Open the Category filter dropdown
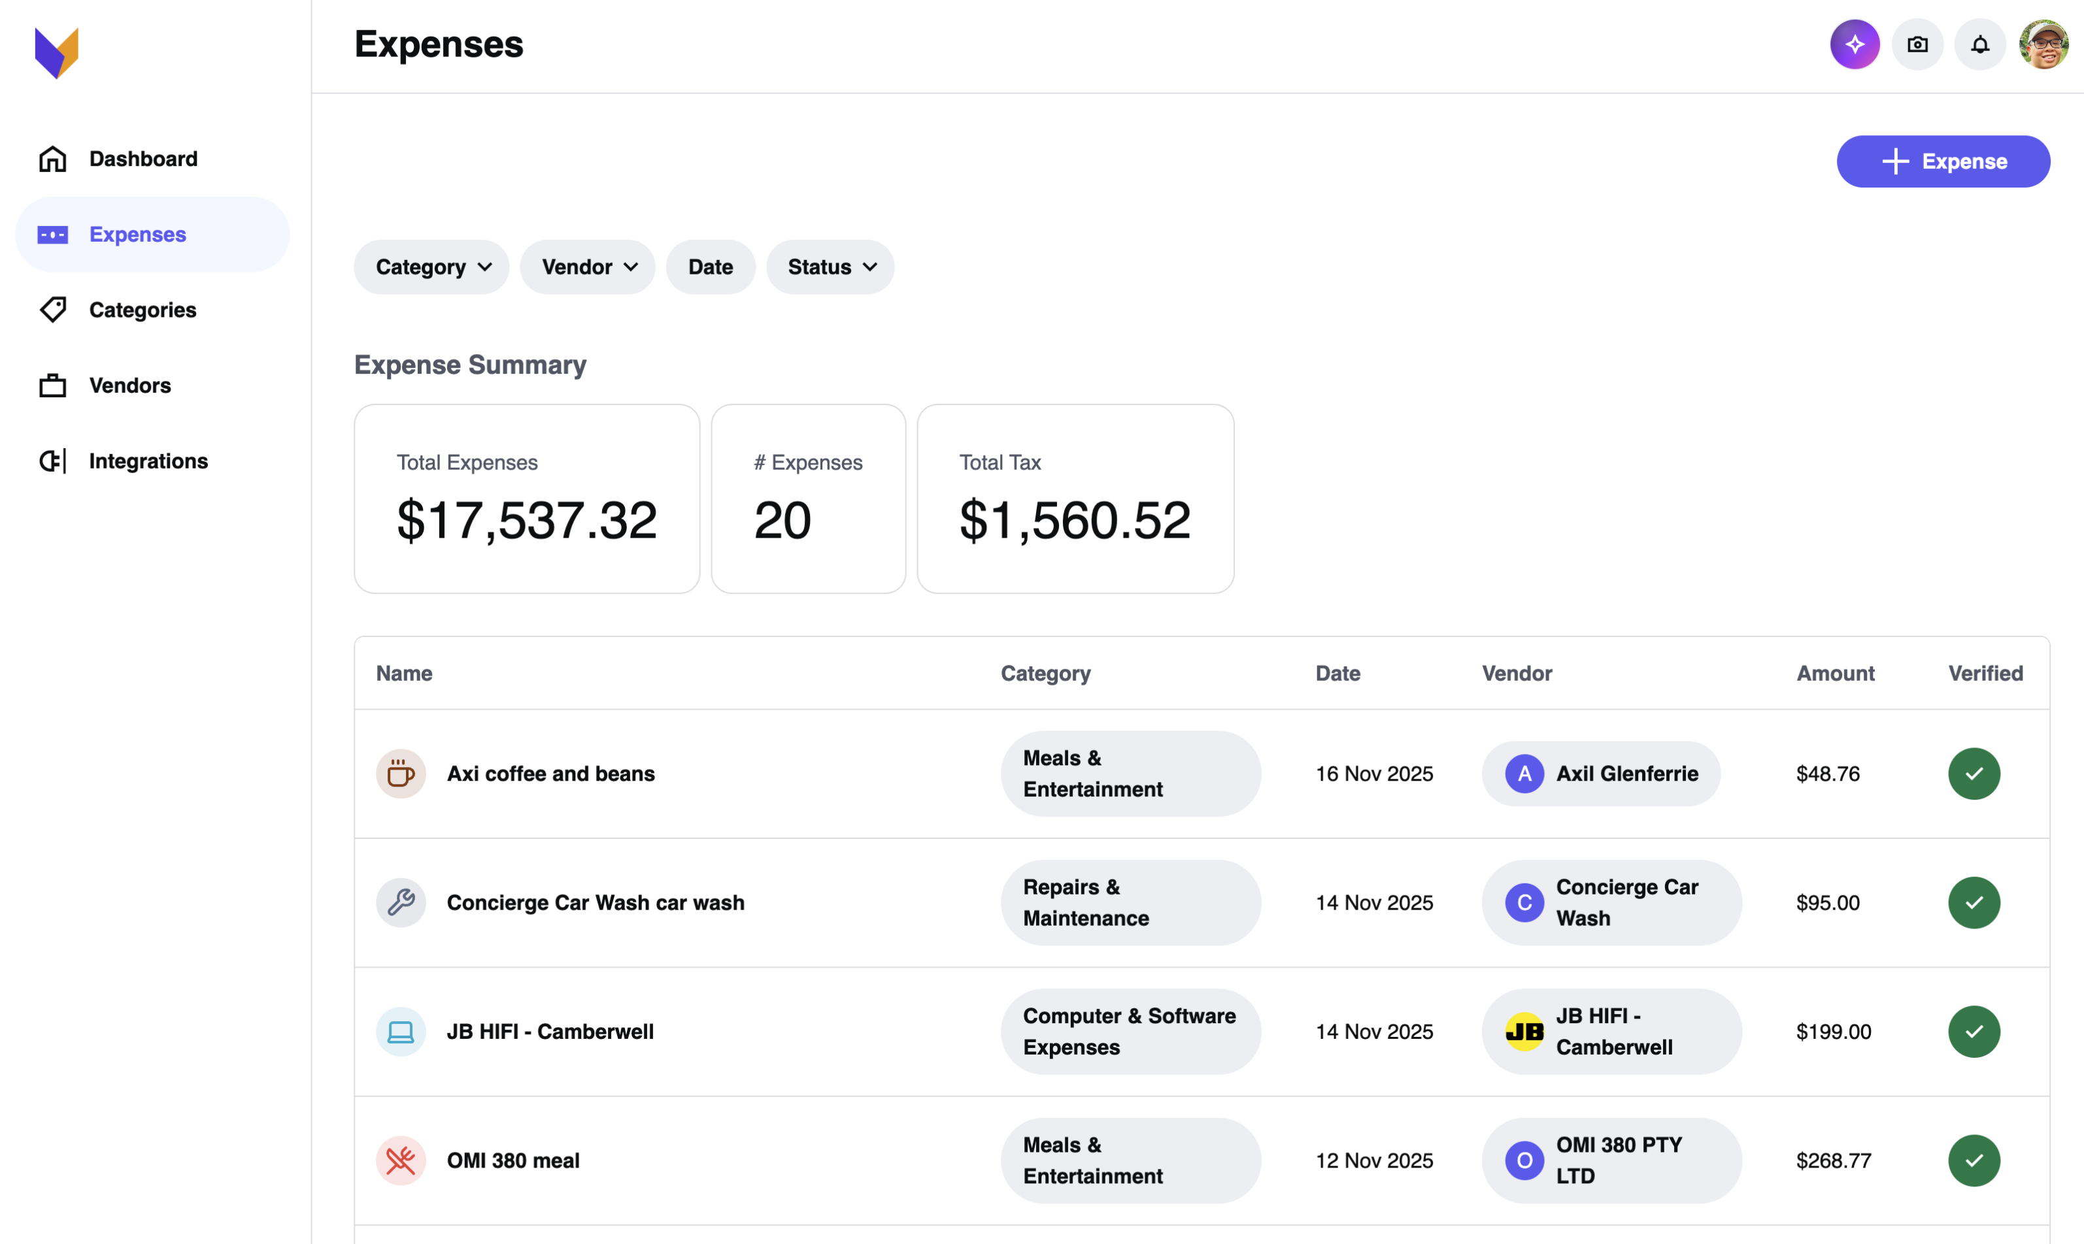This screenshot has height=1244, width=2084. tap(431, 267)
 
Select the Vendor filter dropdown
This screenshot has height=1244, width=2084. tap(587, 267)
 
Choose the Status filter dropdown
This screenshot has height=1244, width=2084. tap(830, 267)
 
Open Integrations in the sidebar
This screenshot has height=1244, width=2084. tap(148, 461)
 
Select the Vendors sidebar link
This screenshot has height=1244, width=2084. tap(129, 385)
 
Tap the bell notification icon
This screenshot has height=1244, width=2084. tap(1979, 44)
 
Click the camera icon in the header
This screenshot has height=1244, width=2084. tap(1917, 44)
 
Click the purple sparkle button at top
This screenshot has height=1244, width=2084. tap(1854, 44)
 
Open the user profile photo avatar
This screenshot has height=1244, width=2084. tap(2043, 44)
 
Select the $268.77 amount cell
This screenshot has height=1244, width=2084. tap(1833, 1160)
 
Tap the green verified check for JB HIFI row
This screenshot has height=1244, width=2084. tap(1974, 1031)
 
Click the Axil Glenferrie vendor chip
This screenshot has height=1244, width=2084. tap(1600, 773)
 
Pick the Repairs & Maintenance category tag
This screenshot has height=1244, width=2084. tap(1130, 902)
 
